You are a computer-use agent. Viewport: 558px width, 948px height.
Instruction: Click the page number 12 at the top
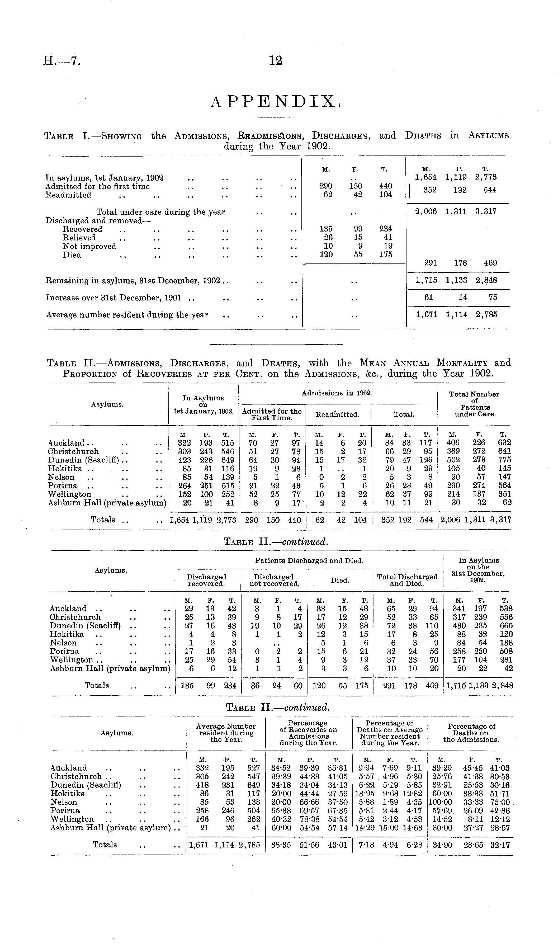coord(276,60)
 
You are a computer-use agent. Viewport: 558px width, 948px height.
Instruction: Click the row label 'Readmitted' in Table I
coord(68,195)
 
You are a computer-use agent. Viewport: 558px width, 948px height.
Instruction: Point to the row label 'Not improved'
coord(89,246)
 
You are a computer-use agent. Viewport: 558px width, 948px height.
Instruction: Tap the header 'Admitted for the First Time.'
coord(272,414)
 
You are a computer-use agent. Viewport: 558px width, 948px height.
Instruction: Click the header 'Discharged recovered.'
coord(206,580)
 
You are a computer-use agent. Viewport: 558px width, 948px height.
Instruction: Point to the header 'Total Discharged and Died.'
coord(408,580)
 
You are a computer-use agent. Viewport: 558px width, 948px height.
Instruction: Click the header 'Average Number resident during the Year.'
coord(226,733)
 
